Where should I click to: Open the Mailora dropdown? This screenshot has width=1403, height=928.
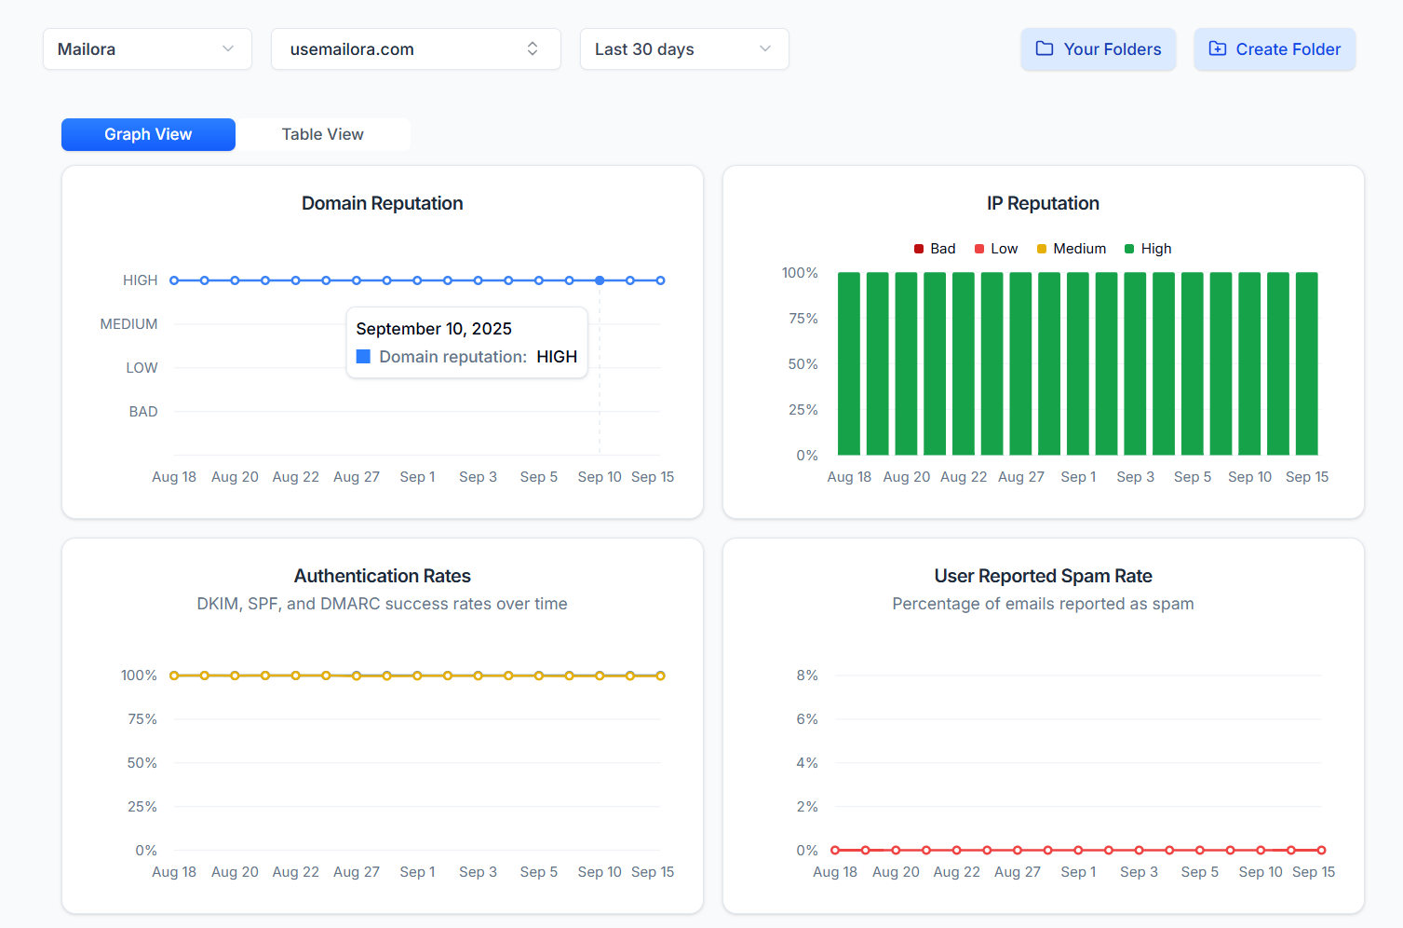click(x=147, y=49)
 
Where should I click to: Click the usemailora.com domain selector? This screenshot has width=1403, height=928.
click(x=415, y=49)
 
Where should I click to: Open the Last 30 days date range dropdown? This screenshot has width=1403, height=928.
click(x=684, y=49)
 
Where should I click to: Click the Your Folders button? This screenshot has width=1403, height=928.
click(x=1099, y=49)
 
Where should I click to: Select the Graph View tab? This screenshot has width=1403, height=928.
click(x=148, y=134)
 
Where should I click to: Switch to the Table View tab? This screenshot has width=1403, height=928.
click(x=322, y=134)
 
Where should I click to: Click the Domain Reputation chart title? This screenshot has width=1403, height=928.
click(x=382, y=203)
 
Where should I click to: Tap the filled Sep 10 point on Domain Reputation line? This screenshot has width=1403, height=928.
click(x=600, y=280)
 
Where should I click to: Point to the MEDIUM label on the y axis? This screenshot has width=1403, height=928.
click(x=128, y=324)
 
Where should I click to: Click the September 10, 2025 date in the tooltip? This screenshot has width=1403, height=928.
click(x=434, y=329)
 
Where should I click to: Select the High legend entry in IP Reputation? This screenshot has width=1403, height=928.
click(x=1148, y=249)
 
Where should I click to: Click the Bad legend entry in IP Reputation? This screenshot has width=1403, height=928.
click(x=935, y=249)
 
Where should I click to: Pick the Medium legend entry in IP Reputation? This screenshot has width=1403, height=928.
click(x=1072, y=249)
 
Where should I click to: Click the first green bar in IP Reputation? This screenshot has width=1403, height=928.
click(x=849, y=363)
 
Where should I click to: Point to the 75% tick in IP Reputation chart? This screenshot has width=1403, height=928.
click(x=803, y=319)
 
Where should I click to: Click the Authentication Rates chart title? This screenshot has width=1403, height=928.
click(x=382, y=576)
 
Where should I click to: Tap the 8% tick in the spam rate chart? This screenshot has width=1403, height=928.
click(x=807, y=676)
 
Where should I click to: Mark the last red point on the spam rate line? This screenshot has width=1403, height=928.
click(x=1321, y=850)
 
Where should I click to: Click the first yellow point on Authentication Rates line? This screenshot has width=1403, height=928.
click(x=174, y=676)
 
